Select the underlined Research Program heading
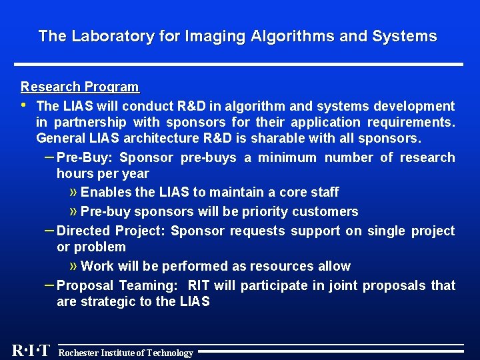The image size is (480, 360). pyautogui.click(x=80, y=87)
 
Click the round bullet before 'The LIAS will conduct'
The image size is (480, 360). pyautogui.click(x=24, y=105)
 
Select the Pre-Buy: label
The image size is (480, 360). pyautogui.click(x=85, y=157)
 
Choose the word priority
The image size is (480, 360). pyautogui.click(x=262, y=211)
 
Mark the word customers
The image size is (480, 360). pyautogui.click(x=328, y=211)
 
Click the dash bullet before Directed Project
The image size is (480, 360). pyautogui.click(x=48, y=229)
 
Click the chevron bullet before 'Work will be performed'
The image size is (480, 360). pyautogui.click(x=73, y=265)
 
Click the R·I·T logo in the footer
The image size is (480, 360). pyautogui.click(x=31, y=351)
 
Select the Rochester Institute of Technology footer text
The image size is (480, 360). pyautogui.click(x=126, y=353)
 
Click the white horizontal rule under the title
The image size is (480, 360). pyautogui.click(x=240, y=64)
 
